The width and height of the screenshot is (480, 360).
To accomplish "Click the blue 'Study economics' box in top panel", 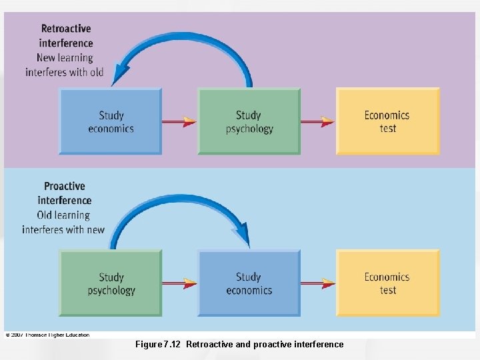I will point(111,122).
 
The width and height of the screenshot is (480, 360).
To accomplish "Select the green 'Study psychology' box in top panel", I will point(249,122).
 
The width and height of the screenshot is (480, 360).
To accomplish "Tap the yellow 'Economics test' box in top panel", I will point(387,122).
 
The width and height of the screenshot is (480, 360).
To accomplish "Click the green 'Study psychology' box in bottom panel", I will point(111,283).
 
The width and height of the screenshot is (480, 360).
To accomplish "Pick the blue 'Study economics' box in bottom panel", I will point(249,283).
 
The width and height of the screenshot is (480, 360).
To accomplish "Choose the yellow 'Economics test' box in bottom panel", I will point(387,283).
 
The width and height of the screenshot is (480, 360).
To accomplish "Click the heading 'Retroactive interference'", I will point(66,36).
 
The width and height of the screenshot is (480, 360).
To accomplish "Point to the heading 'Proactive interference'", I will point(65,193).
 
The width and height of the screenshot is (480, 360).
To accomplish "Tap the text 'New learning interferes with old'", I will point(65,65).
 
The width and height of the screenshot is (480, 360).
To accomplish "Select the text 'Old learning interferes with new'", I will point(63,222).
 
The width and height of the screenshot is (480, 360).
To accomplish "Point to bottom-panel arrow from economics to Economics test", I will point(318,283).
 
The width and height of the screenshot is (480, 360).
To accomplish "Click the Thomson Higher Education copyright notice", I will point(47,335).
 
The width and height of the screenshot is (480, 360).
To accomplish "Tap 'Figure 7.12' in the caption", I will point(158,345).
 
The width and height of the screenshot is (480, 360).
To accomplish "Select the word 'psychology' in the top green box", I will point(249,129).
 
